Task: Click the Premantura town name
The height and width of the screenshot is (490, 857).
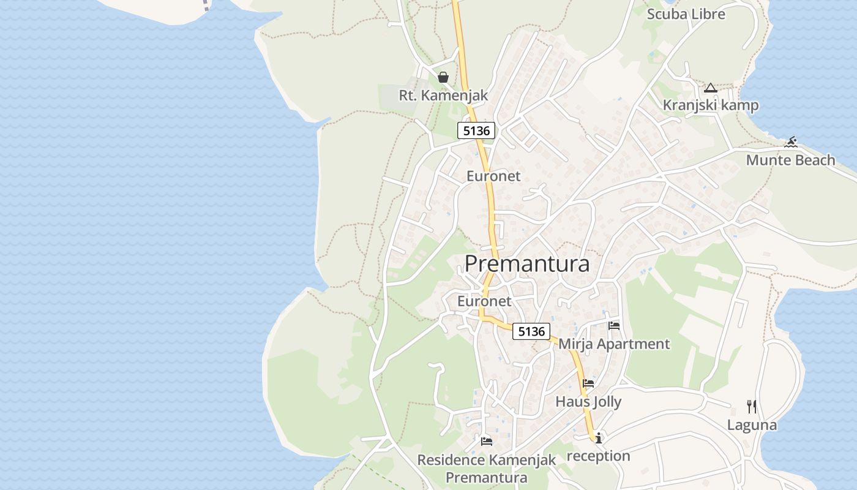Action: click(527, 263)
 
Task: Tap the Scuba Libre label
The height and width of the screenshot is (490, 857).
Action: click(686, 14)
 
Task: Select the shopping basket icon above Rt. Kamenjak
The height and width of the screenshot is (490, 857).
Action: click(443, 77)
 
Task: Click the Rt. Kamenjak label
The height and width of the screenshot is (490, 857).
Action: click(443, 96)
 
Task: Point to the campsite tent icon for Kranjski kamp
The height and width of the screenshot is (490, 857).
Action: click(710, 88)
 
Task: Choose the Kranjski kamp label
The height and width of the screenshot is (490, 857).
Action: click(710, 105)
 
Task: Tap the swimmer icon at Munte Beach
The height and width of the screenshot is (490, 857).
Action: click(791, 143)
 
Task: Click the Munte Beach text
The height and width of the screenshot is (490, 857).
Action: click(790, 160)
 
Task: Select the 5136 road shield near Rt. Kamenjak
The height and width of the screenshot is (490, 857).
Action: click(476, 130)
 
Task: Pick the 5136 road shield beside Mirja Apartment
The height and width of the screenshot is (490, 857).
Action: click(531, 331)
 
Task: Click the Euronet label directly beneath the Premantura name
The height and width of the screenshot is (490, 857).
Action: click(484, 301)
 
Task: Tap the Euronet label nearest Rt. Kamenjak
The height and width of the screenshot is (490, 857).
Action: click(493, 176)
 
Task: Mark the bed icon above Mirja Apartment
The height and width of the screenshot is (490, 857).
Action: click(614, 325)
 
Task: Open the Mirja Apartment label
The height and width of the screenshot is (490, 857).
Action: click(614, 344)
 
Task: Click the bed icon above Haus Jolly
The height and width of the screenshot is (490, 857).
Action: click(588, 383)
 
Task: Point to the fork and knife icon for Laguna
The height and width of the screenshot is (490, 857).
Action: click(752, 406)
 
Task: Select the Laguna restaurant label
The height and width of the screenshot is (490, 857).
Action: click(752, 425)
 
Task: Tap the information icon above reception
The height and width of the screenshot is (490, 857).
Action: click(598, 437)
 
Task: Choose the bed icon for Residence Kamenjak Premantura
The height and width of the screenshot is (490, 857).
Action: click(487, 441)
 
